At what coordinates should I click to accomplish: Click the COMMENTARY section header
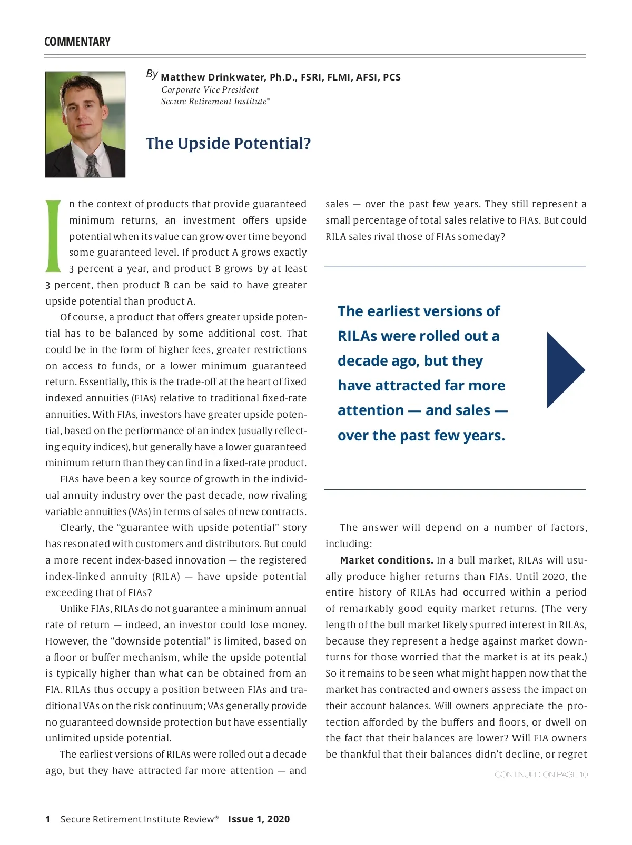pyautogui.click(x=77, y=42)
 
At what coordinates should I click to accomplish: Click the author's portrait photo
pyautogui.click(x=85, y=124)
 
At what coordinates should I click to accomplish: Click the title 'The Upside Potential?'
pyautogui.click(x=228, y=144)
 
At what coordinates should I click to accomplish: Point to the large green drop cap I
pyautogui.click(x=54, y=236)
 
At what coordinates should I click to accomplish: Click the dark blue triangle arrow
pyautogui.click(x=565, y=370)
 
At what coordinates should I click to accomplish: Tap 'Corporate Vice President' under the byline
pyautogui.click(x=210, y=90)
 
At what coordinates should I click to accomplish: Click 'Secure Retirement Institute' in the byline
pyautogui.click(x=214, y=102)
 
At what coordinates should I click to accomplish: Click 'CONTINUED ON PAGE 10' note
pyautogui.click(x=541, y=774)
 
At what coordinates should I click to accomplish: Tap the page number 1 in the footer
pyautogui.click(x=48, y=819)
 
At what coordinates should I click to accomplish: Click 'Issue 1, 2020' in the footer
pyautogui.click(x=259, y=819)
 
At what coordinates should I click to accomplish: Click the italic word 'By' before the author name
pyautogui.click(x=152, y=74)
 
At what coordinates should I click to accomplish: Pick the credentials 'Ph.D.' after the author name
pyautogui.click(x=283, y=77)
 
